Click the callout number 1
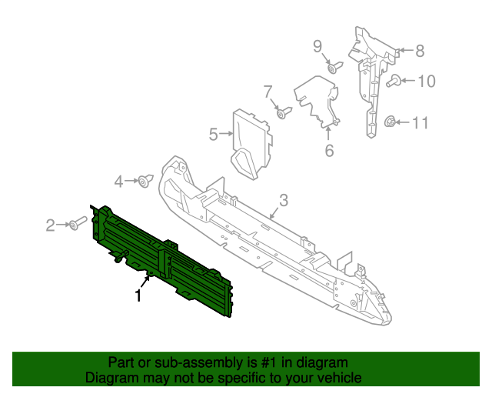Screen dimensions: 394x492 point(138,295)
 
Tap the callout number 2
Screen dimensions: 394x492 point(51,225)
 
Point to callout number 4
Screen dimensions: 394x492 point(118,182)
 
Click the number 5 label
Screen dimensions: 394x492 point(213,135)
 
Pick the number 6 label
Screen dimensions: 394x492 point(329,151)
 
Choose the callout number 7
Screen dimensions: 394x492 point(268,92)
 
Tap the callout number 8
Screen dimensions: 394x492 point(419,52)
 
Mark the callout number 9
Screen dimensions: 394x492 point(317,46)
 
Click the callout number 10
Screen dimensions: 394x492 point(426,80)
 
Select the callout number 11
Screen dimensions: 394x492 point(420,122)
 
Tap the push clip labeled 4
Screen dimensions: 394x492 point(144,182)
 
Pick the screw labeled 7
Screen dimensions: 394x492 point(282,114)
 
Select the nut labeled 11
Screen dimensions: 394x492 point(390,122)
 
